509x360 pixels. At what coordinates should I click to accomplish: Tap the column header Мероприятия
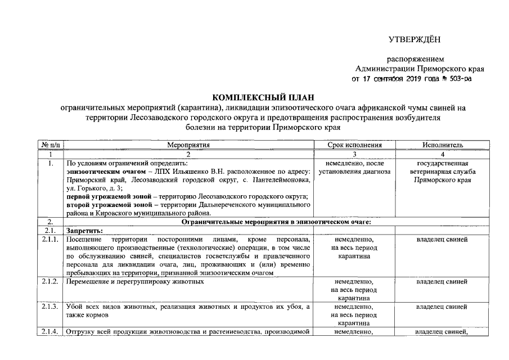(188, 145)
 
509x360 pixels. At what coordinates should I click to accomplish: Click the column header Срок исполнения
(354, 145)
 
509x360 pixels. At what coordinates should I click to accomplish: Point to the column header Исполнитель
(442, 145)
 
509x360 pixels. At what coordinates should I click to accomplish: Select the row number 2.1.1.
(50, 240)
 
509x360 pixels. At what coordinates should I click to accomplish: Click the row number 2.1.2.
(50, 281)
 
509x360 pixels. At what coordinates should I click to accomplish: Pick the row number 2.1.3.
(50, 307)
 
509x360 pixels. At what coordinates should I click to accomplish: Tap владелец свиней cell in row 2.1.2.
(442, 281)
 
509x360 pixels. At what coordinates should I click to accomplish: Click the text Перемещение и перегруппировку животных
(134, 281)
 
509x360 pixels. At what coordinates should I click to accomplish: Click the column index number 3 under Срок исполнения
(354, 154)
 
